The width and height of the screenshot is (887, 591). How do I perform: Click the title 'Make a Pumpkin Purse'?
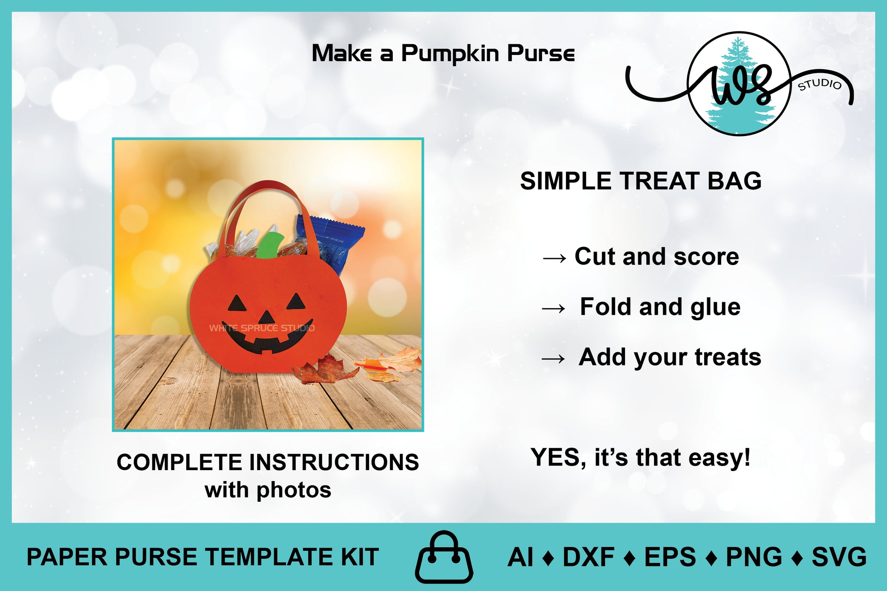tap(443, 54)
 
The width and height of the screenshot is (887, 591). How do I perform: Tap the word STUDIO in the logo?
tap(820, 84)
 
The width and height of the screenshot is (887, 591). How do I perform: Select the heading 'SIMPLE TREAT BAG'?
tap(641, 181)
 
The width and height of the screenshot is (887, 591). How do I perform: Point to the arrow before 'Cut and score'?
tap(554, 258)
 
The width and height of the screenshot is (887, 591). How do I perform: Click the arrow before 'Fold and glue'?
tap(554, 308)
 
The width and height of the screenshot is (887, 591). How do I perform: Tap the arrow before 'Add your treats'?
tap(554, 358)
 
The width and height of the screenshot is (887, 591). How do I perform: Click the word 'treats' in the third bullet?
tap(728, 357)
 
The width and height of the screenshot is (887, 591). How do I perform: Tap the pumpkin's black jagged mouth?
tap(267, 337)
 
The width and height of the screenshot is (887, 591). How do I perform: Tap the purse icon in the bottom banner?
tap(444, 557)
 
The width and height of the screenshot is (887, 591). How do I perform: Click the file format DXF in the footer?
tap(588, 557)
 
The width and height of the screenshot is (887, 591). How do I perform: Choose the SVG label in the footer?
tap(839, 557)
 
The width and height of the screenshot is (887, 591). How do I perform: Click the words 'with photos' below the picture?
tap(268, 491)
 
